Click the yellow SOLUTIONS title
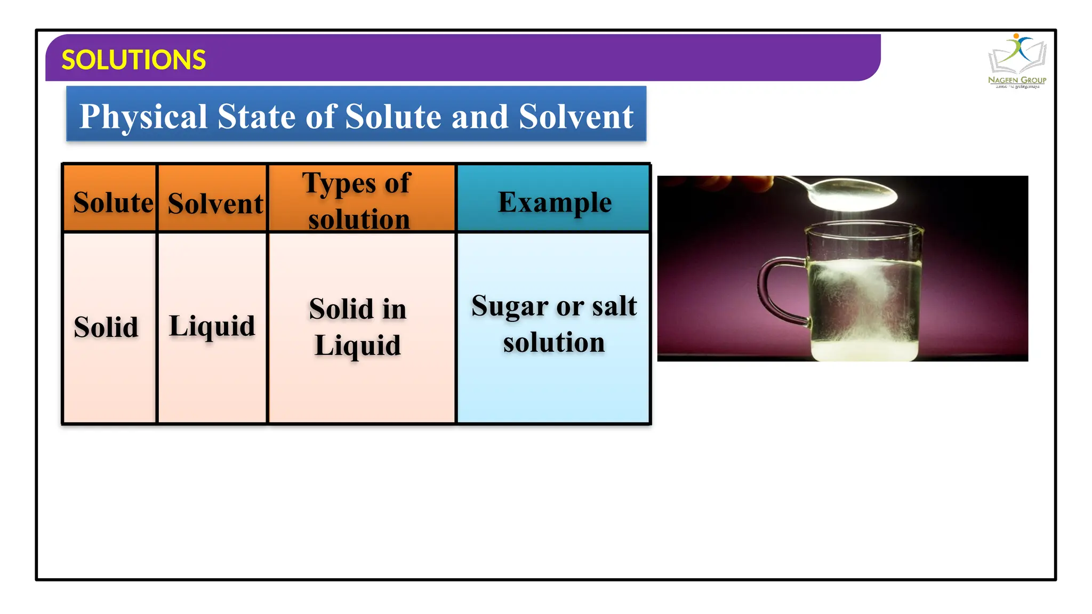click(133, 60)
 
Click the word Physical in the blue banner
click(143, 116)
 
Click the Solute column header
click(113, 203)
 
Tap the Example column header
click(555, 203)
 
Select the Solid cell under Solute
click(106, 327)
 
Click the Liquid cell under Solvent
click(212, 327)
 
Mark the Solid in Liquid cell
click(358, 327)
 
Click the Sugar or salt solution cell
click(554, 324)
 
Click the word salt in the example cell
click(614, 306)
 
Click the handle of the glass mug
click(773, 290)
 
